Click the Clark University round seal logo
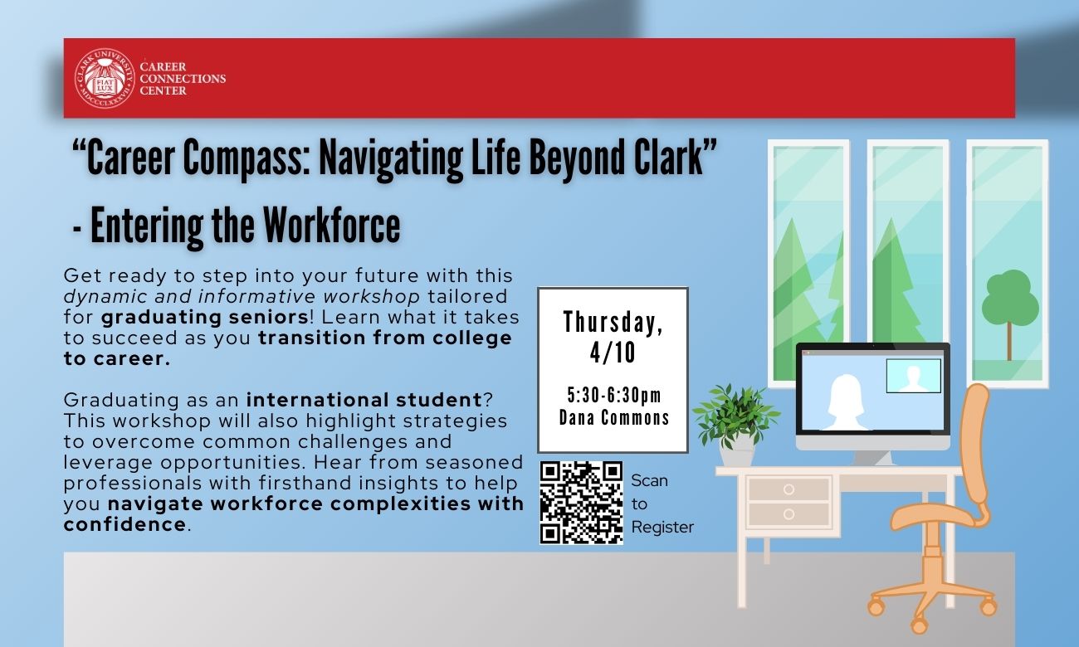coord(105,78)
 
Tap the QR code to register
coord(581,503)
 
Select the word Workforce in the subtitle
coord(331,226)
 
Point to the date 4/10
coord(613,353)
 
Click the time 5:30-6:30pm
coord(613,395)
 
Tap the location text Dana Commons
coord(613,417)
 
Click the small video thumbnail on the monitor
coord(913,376)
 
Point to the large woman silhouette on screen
coord(847,402)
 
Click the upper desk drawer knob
coord(788,489)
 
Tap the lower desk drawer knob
coord(788,514)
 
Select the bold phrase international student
coord(364,400)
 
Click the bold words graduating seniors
coord(205,317)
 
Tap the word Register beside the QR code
coord(662,528)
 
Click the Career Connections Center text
coord(183,79)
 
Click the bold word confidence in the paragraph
coord(124,524)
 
